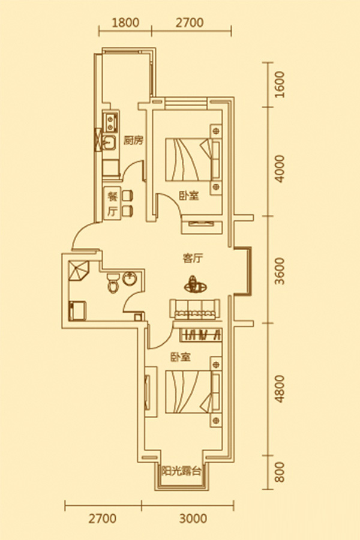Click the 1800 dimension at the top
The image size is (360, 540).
point(125,22)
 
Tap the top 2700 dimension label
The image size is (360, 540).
point(190,22)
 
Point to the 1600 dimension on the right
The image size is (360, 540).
point(280,85)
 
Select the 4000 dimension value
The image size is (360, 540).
point(280,169)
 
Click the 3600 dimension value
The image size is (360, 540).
point(280,271)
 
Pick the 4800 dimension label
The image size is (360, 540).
point(280,389)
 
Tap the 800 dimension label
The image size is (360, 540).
point(280,472)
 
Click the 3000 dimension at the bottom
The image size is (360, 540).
point(193,518)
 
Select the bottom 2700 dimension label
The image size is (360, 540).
point(103,518)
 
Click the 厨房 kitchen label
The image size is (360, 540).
point(133,140)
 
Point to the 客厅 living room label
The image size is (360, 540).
point(192,258)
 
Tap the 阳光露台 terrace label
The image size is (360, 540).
point(181,471)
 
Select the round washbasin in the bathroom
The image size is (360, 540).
point(130,278)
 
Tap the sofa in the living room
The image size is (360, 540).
point(194,309)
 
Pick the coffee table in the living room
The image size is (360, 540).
point(194,284)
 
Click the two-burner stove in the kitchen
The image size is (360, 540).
point(111,122)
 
